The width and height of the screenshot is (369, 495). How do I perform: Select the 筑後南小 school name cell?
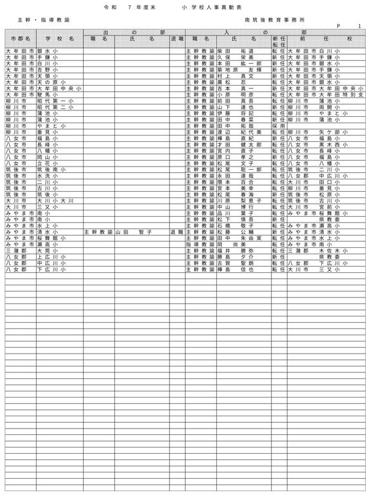[x=51, y=169]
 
